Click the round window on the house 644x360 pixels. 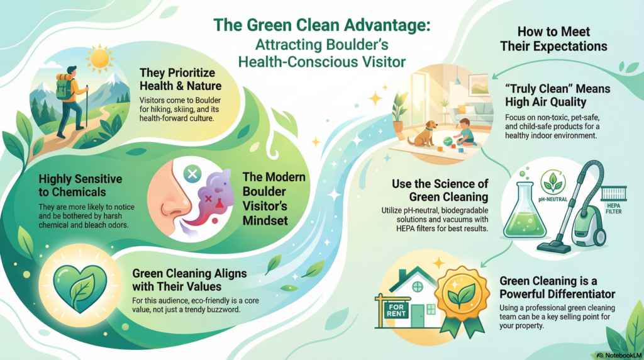[x=417, y=286]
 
